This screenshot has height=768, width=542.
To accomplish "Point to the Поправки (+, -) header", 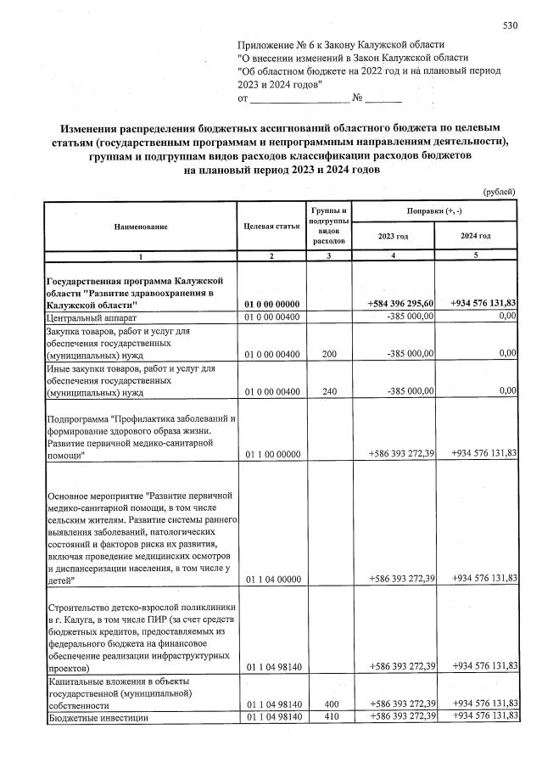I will [x=434, y=210].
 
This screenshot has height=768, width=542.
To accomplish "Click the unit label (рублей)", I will [x=499, y=192].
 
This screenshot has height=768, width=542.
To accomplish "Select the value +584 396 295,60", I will [x=401, y=304].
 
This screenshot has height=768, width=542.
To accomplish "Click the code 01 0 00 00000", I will [x=271, y=304].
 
